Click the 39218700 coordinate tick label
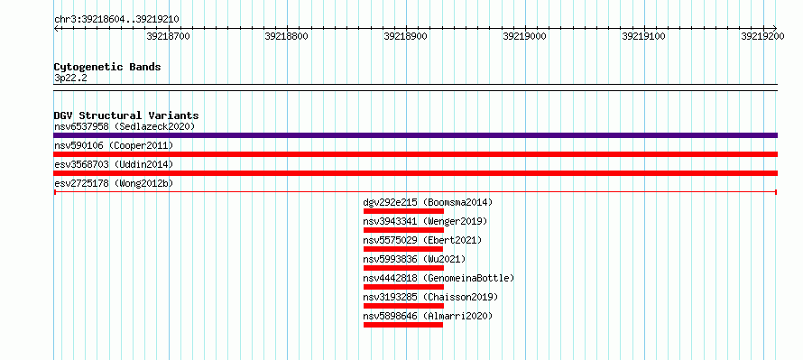(x=168, y=36)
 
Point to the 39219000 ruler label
(x=524, y=36)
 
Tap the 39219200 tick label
(x=762, y=36)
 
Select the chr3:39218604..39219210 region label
(x=116, y=20)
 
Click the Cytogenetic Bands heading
(x=107, y=67)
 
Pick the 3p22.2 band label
(x=70, y=78)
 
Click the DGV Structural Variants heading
(x=126, y=115)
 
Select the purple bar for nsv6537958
(x=415, y=135)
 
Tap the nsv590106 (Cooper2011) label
(x=114, y=146)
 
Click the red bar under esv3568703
(x=415, y=173)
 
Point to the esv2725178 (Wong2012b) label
(x=114, y=183)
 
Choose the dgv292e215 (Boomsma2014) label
(x=429, y=203)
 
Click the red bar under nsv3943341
(x=403, y=230)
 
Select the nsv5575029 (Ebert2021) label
(x=422, y=241)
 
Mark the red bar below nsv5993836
(x=403, y=268)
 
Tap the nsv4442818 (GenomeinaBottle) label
(x=438, y=279)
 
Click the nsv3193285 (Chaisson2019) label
(x=430, y=298)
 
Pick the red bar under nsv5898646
(x=403, y=325)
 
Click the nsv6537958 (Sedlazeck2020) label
(x=125, y=126)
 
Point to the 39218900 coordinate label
(x=406, y=36)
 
